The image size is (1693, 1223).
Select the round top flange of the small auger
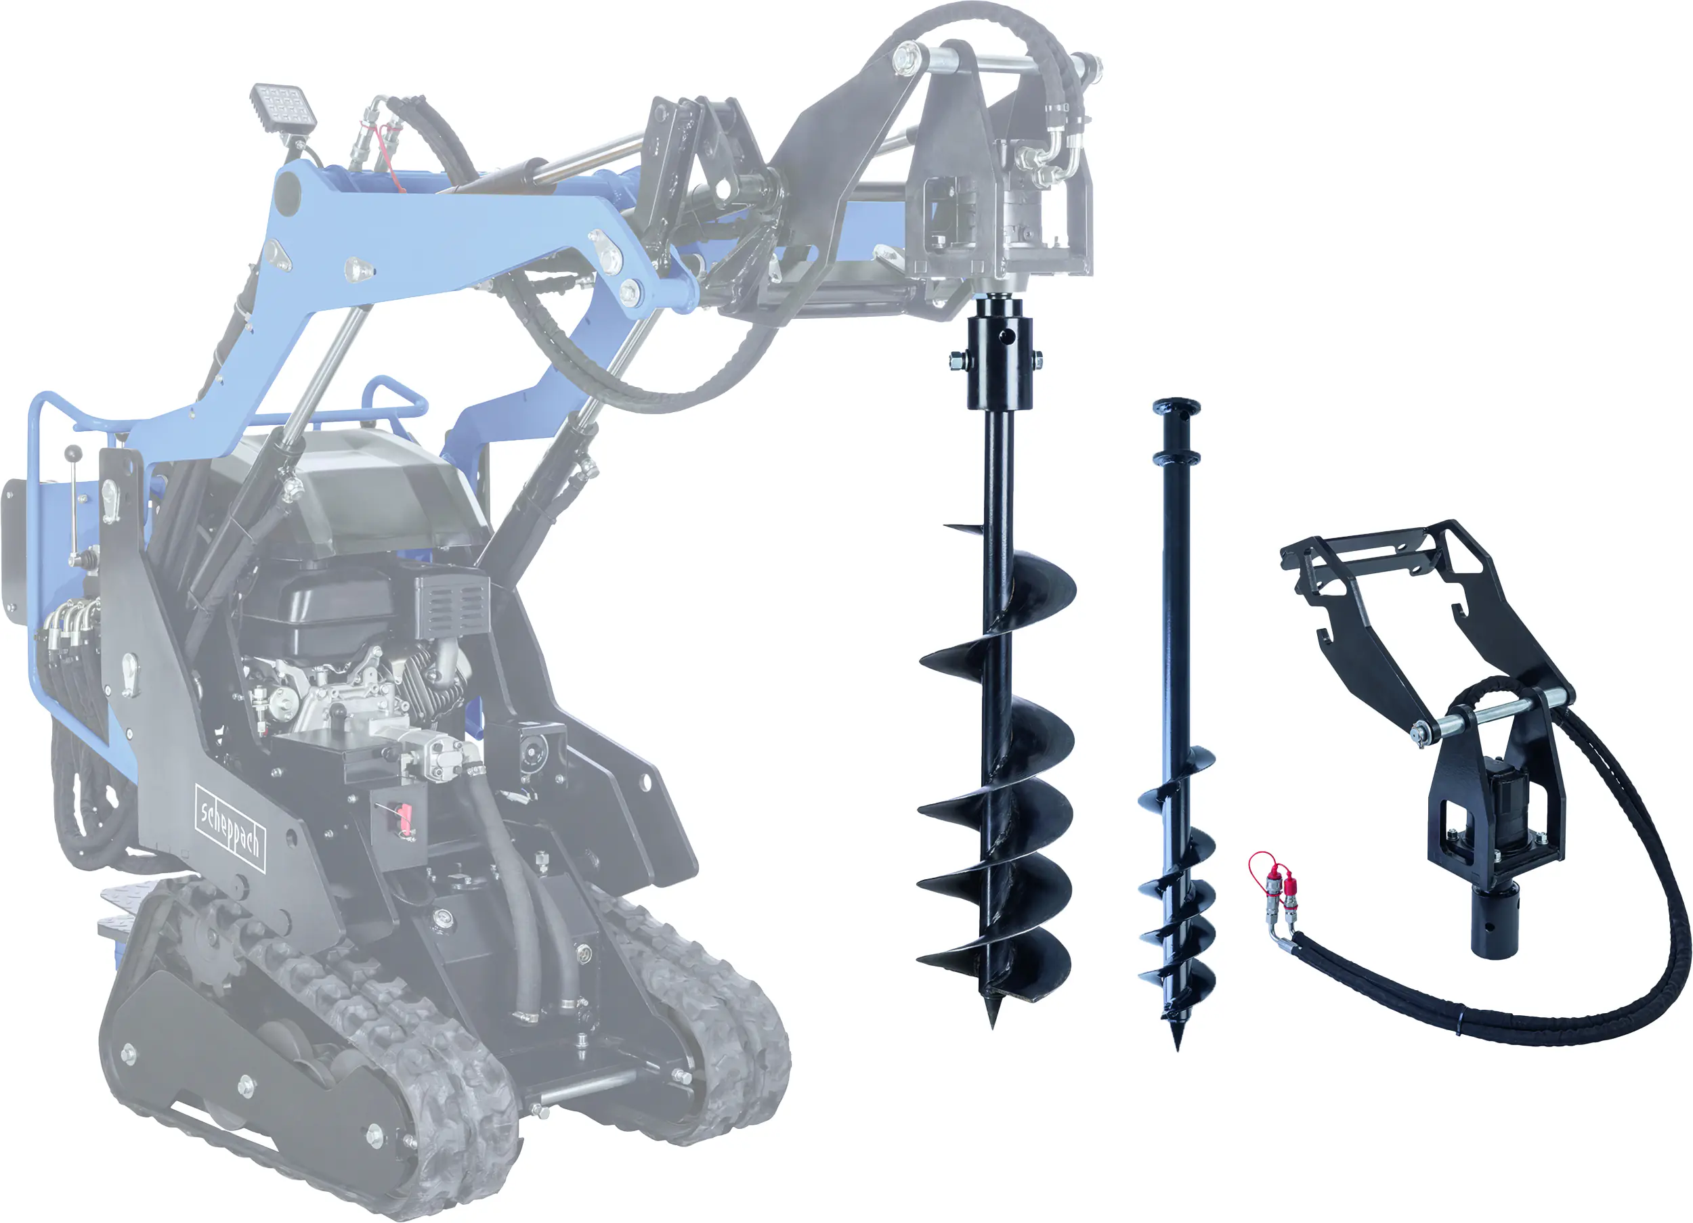[1176, 407]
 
